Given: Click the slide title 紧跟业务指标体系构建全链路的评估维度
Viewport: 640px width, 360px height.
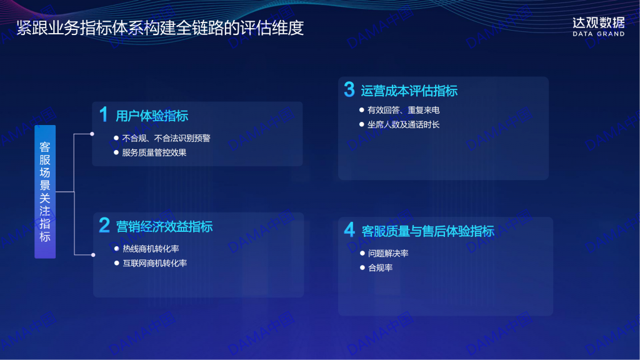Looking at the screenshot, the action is pyautogui.click(x=160, y=27).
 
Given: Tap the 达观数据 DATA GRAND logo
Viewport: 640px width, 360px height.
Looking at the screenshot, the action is pyautogui.click(x=598, y=27).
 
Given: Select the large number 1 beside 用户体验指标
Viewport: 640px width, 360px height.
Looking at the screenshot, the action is pyautogui.click(x=104, y=114).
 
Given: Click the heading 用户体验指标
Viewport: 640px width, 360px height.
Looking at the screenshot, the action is pyautogui.click(x=152, y=116).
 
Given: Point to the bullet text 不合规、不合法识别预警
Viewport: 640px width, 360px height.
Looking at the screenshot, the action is pyautogui.click(x=166, y=138).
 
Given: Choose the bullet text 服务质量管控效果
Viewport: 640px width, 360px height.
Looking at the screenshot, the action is pyautogui.click(x=154, y=152).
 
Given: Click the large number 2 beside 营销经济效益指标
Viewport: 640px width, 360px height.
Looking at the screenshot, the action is pyautogui.click(x=104, y=225).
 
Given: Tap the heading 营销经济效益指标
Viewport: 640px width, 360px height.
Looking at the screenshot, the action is pyautogui.click(x=164, y=226).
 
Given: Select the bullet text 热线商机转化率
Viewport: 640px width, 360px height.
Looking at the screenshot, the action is pyautogui.click(x=151, y=249).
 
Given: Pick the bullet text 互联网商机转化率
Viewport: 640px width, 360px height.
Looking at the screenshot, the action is pyautogui.click(x=155, y=263).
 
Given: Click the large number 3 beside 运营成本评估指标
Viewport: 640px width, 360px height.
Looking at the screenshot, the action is pyautogui.click(x=349, y=89).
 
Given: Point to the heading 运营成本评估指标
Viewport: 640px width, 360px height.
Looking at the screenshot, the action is pyautogui.click(x=409, y=91).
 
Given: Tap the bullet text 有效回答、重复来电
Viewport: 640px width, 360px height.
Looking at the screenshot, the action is pyautogui.click(x=403, y=110).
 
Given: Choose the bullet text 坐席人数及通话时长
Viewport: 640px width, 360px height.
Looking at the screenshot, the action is pyautogui.click(x=403, y=124).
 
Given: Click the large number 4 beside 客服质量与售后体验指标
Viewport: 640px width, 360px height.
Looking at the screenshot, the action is pyautogui.click(x=349, y=230).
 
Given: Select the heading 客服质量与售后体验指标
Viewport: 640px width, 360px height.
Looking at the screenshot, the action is pyautogui.click(x=427, y=231).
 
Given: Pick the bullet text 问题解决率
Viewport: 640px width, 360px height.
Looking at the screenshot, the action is pyautogui.click(x=388, y=254).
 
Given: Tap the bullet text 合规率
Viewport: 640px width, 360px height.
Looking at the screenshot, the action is pyautogui.click(x=381, y=267).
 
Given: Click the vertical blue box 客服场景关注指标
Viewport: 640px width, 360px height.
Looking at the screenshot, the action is pyautogui.click(x=45, y=191).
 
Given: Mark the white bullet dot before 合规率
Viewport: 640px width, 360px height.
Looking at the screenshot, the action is pyautogui.click(x=362, y=267).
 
